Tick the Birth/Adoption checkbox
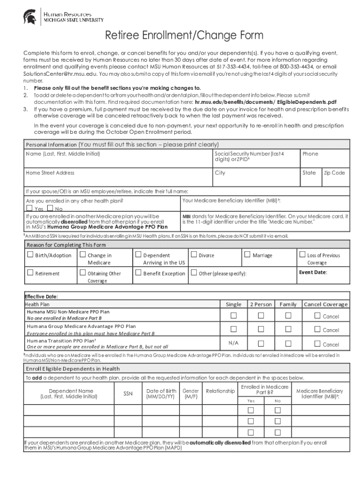[x=31, y=255]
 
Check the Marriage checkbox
[x=247, y=255]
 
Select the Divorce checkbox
[x=194, y=255]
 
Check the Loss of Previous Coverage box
[x=302, y=255]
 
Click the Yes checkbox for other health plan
[x=29, y=208]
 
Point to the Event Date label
[x=313, y=272]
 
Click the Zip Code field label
[x=334, y=173]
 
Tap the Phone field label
[x=310, y=153]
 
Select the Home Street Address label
[x=50, y=173]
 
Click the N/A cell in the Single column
[x=234, y=343]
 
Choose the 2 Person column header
[x=261, y=304]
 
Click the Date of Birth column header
[x=161, y=393]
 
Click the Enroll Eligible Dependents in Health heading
[x=73, y=369]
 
